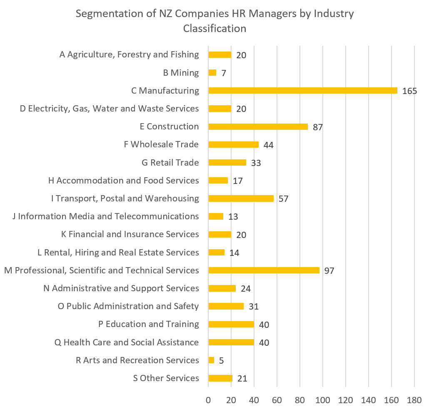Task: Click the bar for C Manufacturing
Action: pyautogui.click(x=303, y=91)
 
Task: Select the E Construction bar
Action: pyautogui.click(x=258, y=126)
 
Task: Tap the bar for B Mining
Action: pyautogui.click(x=212, y=73)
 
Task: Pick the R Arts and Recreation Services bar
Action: pyautogui.click(x=211, y=360)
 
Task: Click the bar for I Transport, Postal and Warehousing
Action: pyautogui.click(x=241, y=198)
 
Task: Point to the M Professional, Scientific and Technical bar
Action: pyautogui.click(x=264, y=270)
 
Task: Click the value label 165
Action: pyautogui.click(x=409, y=91)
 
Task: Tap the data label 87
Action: pyautogui.click(x=318, y=127)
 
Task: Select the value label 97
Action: pyautogui.click(x=329, y=271)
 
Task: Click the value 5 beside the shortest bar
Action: pyautogui.click(x=222, y=361)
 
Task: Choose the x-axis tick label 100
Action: pyautogui.click(x=323, y=400)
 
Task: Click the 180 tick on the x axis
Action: pyautogui.click(x=414, y=400)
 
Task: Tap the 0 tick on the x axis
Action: pyautogui.click(x=208, y=400)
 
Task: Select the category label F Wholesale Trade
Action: pyautogui.click(x=161, y=144)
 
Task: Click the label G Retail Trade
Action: pyautogui.click(x=170, y=162)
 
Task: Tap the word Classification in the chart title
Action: pyautogui.click(x=214, y=29)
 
